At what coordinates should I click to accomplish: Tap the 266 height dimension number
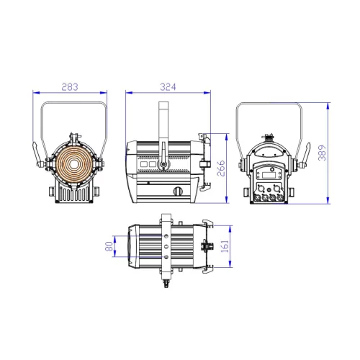(222, 167)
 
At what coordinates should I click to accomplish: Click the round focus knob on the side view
(178, 191)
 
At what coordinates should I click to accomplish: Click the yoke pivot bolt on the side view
(163, 166)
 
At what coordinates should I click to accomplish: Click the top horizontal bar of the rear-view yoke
(274, 104)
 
